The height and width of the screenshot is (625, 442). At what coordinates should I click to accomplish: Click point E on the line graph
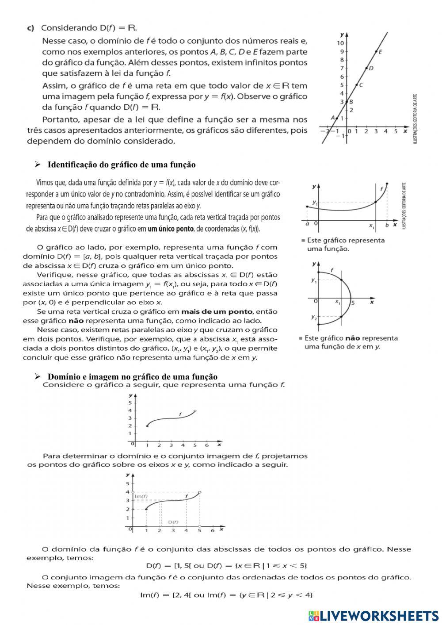pyautogui.click(x=376, y=52)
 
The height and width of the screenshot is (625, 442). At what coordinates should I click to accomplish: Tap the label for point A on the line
pyautogui.click(x=333, y=118)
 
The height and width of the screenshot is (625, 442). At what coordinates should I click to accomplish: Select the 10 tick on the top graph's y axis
pyautogui.click(x=340, y=43)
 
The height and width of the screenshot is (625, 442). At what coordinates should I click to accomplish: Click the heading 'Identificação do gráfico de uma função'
pyautogui.click(x=121, y=165)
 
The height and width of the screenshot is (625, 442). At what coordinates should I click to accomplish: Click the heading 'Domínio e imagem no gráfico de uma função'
pyautogui.click(x=132, y=377)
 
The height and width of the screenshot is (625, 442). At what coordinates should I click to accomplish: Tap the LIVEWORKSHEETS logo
pyautogui.click(x=373, y=615)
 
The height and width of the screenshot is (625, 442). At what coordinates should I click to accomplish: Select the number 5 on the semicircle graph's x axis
pyautogui.click(x=353, y=303)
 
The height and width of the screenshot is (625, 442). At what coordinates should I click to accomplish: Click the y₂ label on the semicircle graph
pyautogui.click(x=313, y=317)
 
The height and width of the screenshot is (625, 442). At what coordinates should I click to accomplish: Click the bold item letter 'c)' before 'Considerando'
pyautogui.click(x=30, y=28)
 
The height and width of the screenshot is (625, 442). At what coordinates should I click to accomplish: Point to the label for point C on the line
pyautogui.click(x=361, y=84)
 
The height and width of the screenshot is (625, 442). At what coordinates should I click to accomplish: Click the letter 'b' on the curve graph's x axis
pyautogui.click(x=387, y=225)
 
